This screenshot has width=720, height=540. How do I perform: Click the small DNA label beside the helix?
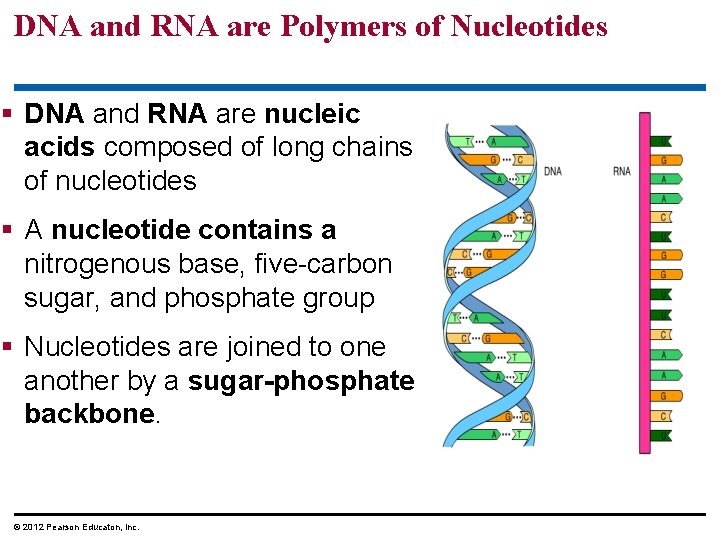point(552,171)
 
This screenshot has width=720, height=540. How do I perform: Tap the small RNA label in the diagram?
point(622,171)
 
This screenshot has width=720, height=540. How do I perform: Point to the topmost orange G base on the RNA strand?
point(662,160)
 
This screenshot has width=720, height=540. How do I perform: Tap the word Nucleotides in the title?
point(529,26)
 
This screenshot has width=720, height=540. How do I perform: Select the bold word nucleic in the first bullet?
point(312,114)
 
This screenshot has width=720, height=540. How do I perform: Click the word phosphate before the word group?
point(265,299)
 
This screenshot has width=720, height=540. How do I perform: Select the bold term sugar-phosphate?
point(301,381)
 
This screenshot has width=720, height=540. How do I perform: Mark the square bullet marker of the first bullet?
point(9,114)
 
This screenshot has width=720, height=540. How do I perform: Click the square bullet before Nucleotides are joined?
point(9,347)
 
